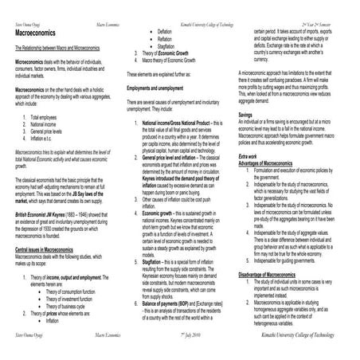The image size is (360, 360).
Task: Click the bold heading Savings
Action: pyautogui.click(x=247, y=115)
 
